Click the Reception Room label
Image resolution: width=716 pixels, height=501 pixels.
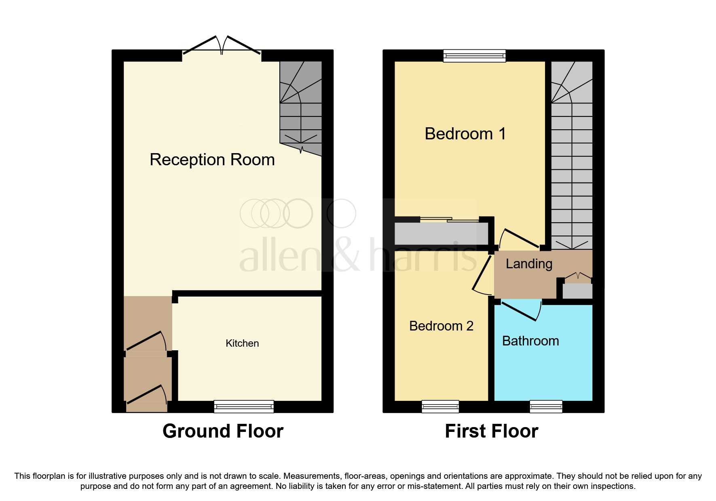212,160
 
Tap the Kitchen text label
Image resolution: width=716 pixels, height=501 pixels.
242,343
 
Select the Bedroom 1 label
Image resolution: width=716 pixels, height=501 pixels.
465,134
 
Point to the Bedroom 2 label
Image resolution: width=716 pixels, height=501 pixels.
441,326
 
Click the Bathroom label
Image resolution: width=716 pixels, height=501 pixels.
530,341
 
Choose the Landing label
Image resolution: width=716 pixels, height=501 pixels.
529,264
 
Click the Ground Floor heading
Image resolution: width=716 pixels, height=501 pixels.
223,431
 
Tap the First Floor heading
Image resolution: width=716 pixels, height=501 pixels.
491,431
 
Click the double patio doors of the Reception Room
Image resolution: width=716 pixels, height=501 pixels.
222,46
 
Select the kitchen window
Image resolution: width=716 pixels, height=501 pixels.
244,406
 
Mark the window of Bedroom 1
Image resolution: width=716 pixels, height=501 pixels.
474,55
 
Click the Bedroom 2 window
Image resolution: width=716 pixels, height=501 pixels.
440,406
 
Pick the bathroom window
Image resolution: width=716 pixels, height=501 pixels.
546,406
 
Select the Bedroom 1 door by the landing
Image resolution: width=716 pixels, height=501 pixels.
520,238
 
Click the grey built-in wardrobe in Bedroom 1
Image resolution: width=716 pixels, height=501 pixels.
441,234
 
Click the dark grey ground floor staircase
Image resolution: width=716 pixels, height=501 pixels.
301,107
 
